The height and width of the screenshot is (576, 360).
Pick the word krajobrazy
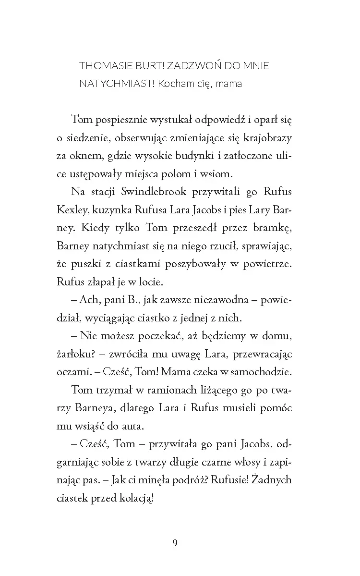pyautogui.click(x=266, y=138)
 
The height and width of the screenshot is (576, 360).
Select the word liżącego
pyautogui.click(x=201, y=390)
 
